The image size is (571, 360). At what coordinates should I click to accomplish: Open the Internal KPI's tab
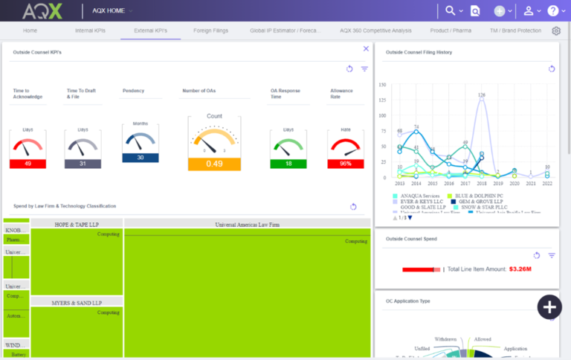point(90,31)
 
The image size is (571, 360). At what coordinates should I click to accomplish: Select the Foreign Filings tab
point(210,31)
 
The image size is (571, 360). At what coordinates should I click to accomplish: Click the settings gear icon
point(556,31)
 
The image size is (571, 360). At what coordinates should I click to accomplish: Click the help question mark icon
point(552,10)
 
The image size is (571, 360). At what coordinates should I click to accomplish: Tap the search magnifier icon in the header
point(450,10)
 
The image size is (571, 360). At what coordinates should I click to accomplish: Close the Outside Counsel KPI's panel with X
point(366,48)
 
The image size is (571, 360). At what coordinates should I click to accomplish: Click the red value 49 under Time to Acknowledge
point(28,164)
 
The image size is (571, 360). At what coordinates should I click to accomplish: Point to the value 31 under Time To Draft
point(83,164)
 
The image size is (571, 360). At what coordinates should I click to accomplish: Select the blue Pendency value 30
point(141,158)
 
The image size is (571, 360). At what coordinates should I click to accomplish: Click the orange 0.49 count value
point(214,164)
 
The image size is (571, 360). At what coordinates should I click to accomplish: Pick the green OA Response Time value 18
point(288,164)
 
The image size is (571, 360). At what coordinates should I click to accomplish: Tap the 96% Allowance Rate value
point(346,164)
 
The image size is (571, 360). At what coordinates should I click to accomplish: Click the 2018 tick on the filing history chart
point(482,183)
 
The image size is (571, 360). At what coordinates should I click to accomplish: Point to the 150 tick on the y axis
point(382,85)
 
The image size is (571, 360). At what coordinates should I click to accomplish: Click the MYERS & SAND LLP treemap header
point(77,303)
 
